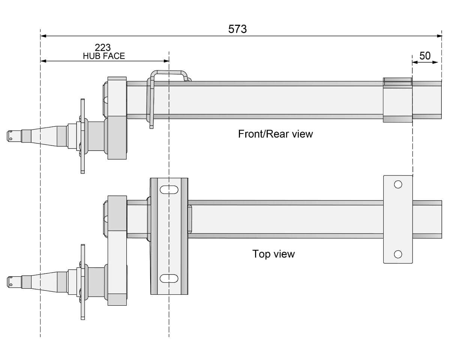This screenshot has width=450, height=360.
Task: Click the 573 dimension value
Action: coord(237,29)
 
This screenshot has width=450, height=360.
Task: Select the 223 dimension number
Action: coord(103,48)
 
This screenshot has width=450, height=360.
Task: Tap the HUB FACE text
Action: coord(104,56)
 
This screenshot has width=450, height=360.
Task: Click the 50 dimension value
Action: coord(425,56)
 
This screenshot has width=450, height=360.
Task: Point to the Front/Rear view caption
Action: coord(275,134)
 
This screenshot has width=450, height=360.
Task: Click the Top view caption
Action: coord(273,254)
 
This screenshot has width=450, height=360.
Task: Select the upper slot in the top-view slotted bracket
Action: coord(169,189)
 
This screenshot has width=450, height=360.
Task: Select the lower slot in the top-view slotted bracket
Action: coord(169,278)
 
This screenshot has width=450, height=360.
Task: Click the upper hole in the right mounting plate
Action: coord(398,184)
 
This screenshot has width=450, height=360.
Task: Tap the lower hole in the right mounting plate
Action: coord(398,255)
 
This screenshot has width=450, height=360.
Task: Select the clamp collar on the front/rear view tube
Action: coord(397,100)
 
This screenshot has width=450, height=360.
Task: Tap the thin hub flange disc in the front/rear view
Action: coord(82,136)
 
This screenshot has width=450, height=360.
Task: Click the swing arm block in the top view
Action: coord(117,250)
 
